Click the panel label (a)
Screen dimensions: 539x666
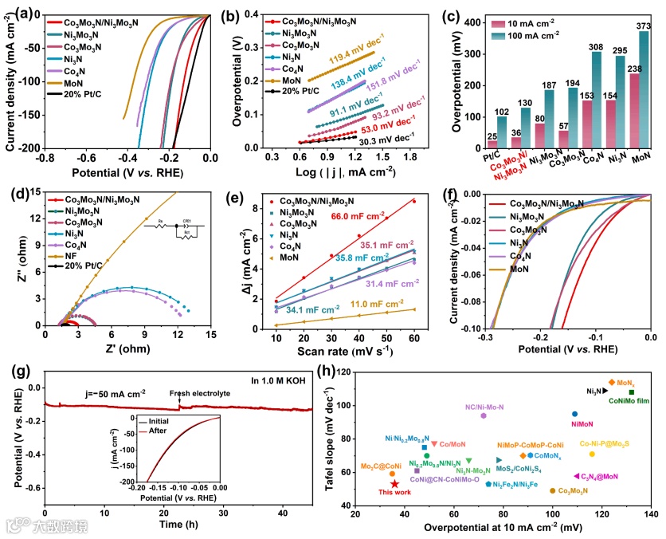15,12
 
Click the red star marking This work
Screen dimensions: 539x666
395,484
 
